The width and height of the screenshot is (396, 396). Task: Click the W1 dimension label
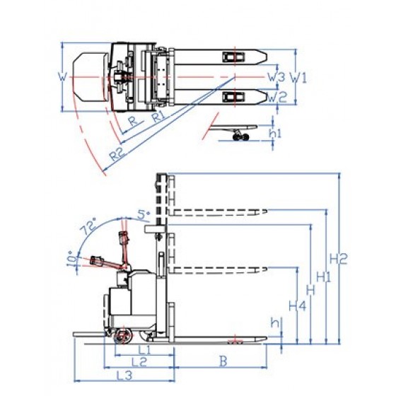point(298,77)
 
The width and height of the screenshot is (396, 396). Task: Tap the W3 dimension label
point(276,77)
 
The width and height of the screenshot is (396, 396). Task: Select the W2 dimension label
point(277,97)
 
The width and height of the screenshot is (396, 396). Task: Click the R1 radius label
point(159,117)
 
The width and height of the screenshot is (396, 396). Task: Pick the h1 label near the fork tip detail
point(275,133)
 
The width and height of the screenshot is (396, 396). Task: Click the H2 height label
point(339,258)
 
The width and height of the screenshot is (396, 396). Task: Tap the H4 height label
point(298,306)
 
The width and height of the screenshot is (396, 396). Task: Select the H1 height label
point(324,277)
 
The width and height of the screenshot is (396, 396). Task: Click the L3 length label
point(124,375)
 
